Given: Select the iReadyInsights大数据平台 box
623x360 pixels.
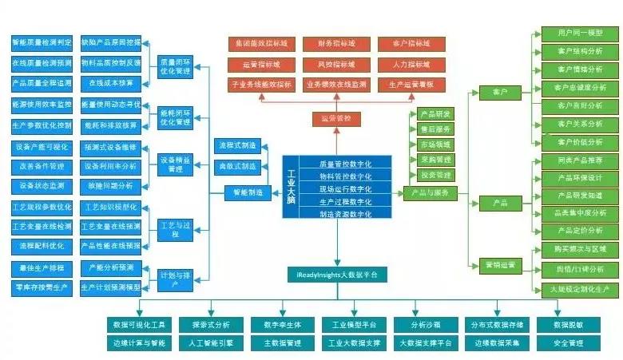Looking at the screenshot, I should pos(337,274).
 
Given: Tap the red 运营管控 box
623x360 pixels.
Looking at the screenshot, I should pos(336,119).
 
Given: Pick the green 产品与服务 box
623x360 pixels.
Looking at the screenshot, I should pos(430,192).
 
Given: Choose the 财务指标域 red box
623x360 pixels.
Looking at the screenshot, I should pos(336,43).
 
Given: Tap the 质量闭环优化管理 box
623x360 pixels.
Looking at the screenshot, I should pos(175,65).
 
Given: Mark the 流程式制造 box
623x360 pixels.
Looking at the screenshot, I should pos(237,145).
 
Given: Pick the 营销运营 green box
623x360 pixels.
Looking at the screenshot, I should pos(501,264).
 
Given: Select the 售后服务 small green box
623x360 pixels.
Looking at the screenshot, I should pos(435,129).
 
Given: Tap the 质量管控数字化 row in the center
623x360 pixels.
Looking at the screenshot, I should pos(344,163).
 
